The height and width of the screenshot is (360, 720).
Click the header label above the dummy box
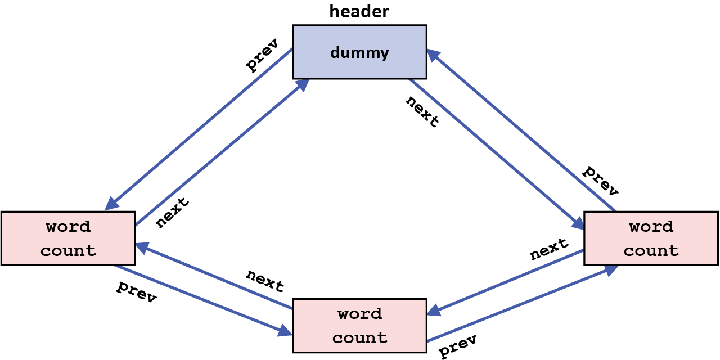coord(359,11)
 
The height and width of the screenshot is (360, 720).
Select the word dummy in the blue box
coord(359,52)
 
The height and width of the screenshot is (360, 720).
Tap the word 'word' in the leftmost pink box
coord(68,227)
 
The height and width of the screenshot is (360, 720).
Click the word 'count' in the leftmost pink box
coord(68,250)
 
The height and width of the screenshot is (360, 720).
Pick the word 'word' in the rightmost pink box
coord(651,227)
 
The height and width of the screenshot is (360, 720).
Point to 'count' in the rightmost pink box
coord(651,250)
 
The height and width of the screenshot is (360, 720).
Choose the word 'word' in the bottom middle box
coord(359,313)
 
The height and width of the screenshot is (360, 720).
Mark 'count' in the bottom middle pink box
coord(359,337)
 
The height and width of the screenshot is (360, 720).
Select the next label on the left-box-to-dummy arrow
coord(172,213)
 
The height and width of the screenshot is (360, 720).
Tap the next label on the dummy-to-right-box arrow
coord(422,111)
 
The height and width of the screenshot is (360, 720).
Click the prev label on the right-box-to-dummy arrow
coord(600,181)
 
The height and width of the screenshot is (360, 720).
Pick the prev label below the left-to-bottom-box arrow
coord(136,291)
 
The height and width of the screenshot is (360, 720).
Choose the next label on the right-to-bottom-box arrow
coord(549,249)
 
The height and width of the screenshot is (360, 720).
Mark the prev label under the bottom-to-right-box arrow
coord(458,345)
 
